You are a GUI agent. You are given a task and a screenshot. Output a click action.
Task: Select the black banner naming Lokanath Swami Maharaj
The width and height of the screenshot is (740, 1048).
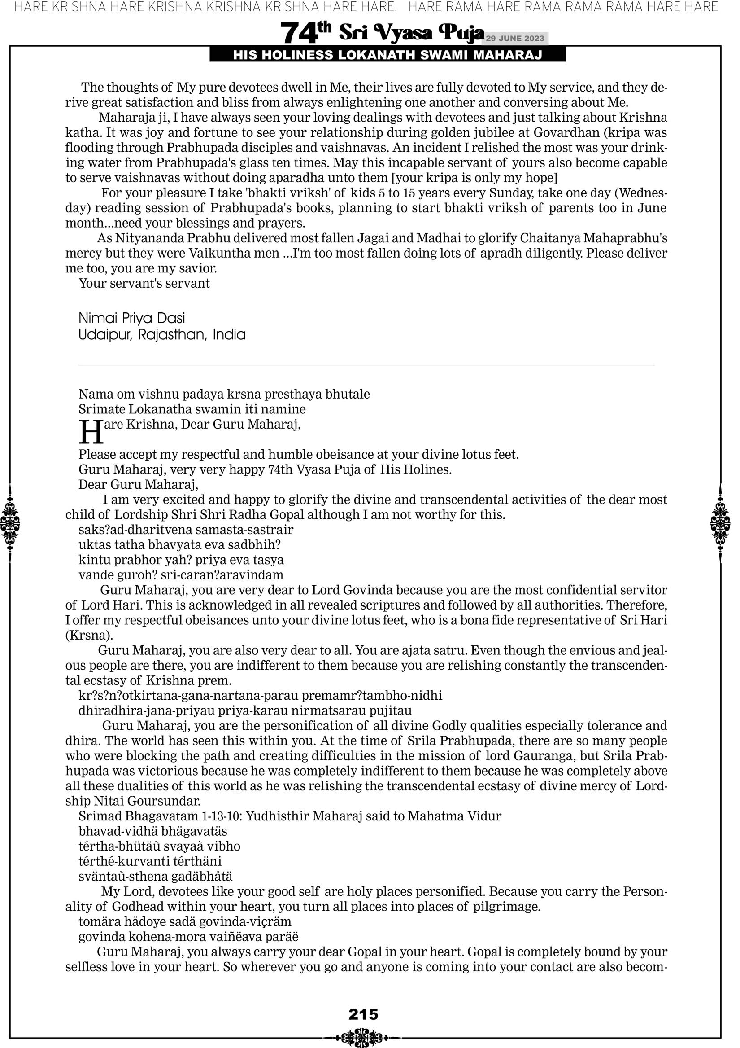(387, 55)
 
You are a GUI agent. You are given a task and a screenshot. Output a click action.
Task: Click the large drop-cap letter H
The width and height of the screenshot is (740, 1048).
(91, 432)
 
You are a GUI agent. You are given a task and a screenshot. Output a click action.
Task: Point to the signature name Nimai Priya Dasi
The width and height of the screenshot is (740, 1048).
(132, 318)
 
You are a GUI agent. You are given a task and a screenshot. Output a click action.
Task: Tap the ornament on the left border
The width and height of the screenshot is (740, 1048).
(10, 523)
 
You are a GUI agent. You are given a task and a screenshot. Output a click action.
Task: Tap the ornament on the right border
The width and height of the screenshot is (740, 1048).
(720, 523)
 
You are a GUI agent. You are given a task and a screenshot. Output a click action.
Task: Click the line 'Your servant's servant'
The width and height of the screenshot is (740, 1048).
(144, 284)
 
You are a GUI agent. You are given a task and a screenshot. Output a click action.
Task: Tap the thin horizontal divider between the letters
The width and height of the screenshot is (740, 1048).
(366, 365)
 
